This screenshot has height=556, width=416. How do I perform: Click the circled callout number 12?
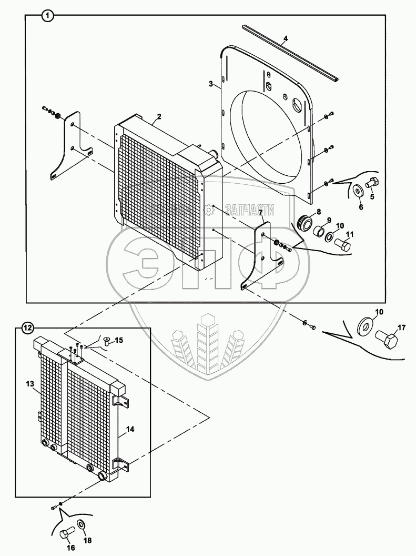click(27, 327)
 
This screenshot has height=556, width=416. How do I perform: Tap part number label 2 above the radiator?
click(158, 116)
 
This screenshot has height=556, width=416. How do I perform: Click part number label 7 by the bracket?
click(260, 212)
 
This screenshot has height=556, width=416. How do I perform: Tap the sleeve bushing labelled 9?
click(320, 232)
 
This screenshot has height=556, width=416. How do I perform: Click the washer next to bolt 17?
click(364, 325)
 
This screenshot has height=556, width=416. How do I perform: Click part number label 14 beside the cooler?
click(130, 430)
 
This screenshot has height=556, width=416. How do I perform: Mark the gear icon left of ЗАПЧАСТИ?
click(210, 211)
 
